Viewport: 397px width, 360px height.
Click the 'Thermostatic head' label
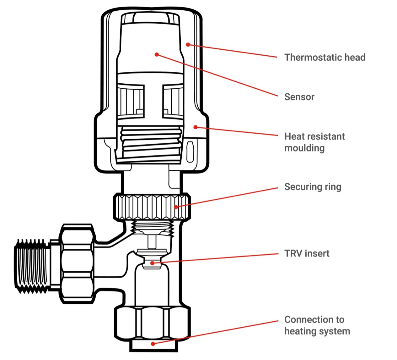pos(325,58)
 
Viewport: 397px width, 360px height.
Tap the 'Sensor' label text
pos(299,97)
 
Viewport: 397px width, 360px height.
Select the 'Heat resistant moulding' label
pos(314,142)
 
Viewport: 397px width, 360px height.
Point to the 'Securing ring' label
pos(313,187)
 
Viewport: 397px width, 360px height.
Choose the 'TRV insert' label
pos(307,253)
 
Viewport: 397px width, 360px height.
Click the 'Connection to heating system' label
pos(317,325)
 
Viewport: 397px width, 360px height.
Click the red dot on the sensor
pos(157,54)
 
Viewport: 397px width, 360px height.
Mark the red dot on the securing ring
pos(176,207)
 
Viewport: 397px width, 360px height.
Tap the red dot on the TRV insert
pos(152,263)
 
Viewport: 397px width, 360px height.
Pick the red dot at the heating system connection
pos(153,344)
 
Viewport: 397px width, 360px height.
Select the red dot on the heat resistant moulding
pos(195,127)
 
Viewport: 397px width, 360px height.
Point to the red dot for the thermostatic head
pos(188,45)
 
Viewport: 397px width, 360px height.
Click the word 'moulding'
pos(304,148)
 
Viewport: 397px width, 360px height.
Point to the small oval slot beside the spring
pos(190,152)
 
